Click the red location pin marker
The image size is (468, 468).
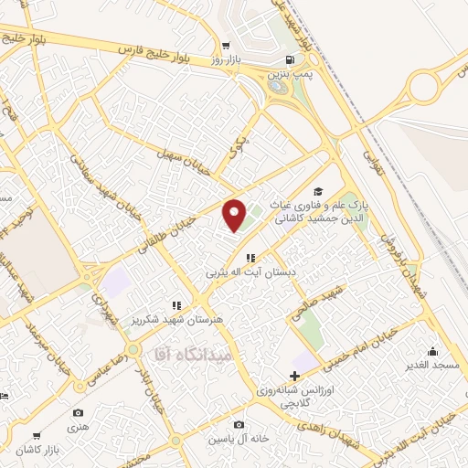[x=235, y=215]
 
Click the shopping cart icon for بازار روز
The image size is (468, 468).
[x=225, y=44]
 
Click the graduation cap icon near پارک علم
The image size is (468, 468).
[x=317, y=191]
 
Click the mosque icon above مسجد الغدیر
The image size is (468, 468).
[x=432, y=351]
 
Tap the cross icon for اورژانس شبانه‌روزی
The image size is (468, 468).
[x=293, y=376]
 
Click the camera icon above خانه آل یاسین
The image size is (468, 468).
[x=239, y=424]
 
